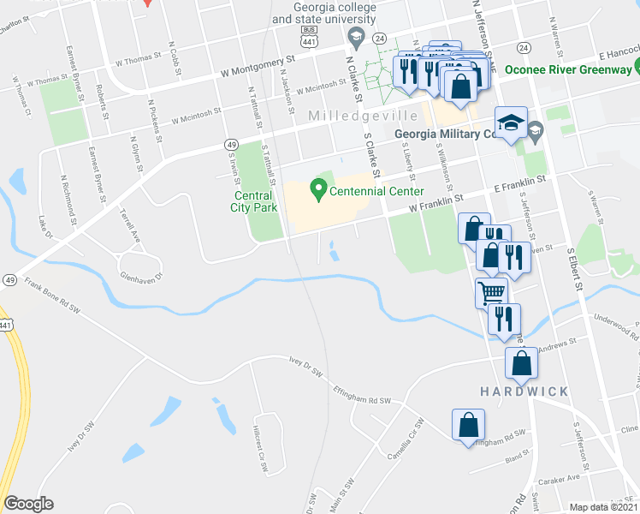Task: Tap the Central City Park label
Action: [x=254, y=201]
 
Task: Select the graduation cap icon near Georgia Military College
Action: [x=512, y=125]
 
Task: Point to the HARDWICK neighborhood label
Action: [x=524, y=391]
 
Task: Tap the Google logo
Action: [x=28, y=503]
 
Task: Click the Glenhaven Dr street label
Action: [x=142, y=266]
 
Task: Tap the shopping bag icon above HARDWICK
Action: [x=521, y=363]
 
